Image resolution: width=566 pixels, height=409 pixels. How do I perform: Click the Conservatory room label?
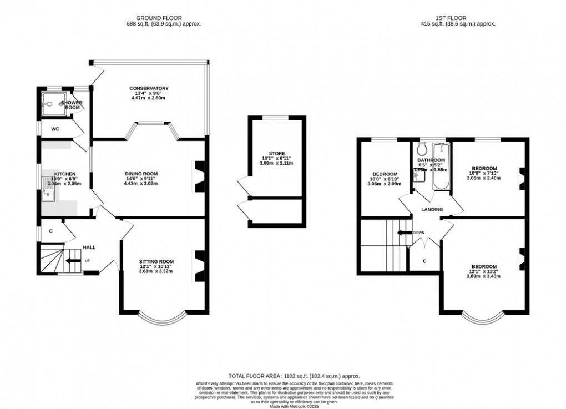pyautogui.click(x=149, y=88)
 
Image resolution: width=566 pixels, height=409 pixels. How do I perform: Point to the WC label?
pyautogui.click(x=55, y=129)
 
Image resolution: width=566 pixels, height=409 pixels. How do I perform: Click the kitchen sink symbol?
pyautogui.click(x=48, y=194)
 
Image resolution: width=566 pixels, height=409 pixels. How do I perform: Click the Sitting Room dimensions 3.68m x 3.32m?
pyautogui.click(x=156, y=271)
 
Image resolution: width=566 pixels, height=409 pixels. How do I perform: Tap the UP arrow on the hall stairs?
pyautogui.click(x=73, y=260)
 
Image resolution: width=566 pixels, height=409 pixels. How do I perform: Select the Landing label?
pyautogui.click(x=432, y=209)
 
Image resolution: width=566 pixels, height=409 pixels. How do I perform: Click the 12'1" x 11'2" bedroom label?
pyautogui.click(x=484, y=271)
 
